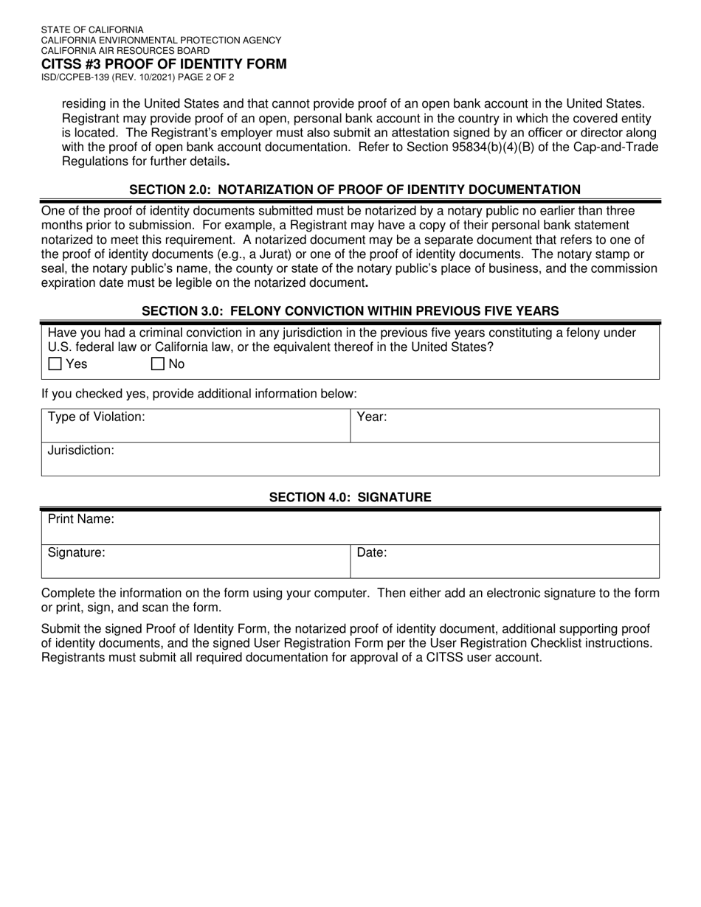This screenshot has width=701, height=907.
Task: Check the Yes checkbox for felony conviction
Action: [x=55, y=364]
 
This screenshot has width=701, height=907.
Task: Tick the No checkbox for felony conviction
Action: [x=158, y=364]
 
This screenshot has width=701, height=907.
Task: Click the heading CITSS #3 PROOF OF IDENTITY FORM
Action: [x=164, y=64]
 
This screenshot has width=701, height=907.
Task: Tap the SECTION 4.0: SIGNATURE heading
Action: [x=350, y=498]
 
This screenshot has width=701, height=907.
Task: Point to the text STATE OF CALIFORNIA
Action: [x=92, y=30]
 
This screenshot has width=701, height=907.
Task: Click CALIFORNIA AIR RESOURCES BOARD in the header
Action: [x=125, y=51]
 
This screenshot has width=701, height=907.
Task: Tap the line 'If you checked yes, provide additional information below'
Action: [x=199, y=394]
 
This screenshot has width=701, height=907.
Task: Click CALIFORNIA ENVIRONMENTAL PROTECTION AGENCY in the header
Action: [x=161, y=41]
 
